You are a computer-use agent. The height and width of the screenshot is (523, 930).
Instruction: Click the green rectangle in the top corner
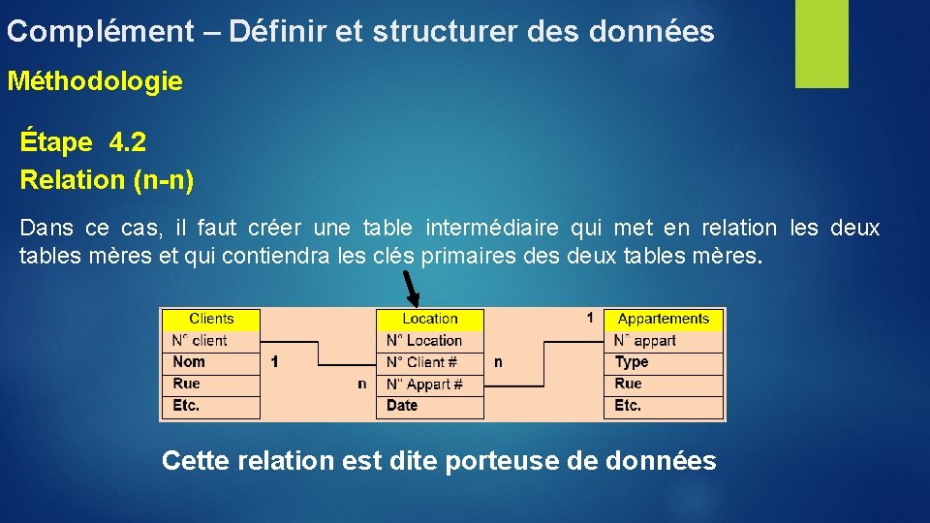[821, 44]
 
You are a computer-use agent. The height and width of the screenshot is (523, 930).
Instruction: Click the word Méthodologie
[95, 81]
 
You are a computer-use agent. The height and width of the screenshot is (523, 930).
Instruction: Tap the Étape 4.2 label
[83, 143]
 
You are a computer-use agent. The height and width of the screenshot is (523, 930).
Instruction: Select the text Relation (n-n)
[107, 179]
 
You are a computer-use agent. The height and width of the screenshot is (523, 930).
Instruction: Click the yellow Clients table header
[211, 319]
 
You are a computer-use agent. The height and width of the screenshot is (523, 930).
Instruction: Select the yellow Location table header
[429, 319]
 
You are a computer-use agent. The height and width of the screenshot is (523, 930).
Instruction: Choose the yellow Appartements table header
[664, 319]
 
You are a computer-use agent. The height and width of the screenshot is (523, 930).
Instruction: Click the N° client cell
[211, 340]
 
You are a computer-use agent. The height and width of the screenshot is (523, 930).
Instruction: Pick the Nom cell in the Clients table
[211, 362]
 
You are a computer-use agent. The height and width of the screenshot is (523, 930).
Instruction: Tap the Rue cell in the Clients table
[211, 384]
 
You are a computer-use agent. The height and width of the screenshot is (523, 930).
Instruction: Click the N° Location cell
[429, 340]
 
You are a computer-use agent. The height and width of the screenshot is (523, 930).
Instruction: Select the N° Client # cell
[429, 362]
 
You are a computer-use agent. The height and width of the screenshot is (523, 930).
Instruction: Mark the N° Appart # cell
[429, 384]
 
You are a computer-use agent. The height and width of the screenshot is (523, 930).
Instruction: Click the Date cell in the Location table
[429, 406]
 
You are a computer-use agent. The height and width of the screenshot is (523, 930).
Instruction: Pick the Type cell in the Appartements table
[664, 362]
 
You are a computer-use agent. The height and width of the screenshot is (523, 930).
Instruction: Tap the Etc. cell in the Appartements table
[664, 406]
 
